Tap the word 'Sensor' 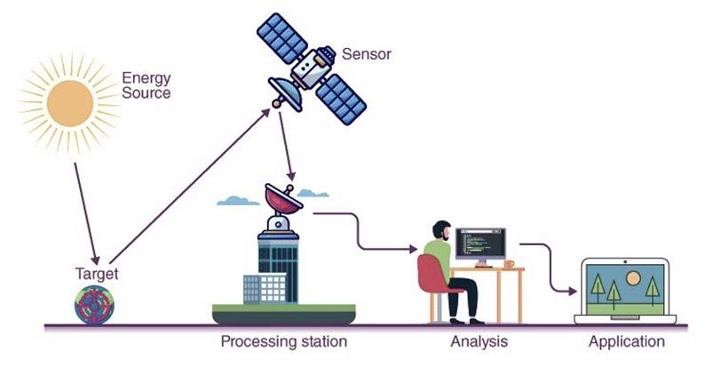click(367, 55)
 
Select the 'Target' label click(95, 274)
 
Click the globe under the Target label click(94, 303)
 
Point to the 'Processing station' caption click(283, 341)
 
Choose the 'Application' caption click(626, 341)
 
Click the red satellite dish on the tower click(283, 199)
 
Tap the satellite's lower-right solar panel click(341, 97)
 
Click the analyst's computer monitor click(479, 243)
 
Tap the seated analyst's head click(440, 230)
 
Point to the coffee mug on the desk click(509, 264)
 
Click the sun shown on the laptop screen click(632, 278)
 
